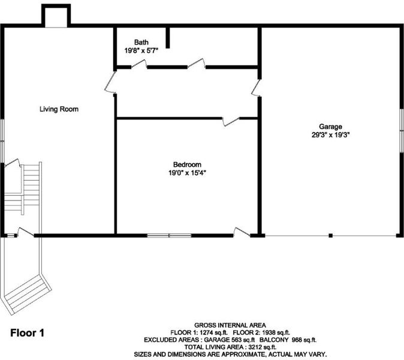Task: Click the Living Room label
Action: [x=59, y=109]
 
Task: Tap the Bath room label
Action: [x=141, y=42]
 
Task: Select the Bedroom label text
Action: [x=187, y=164]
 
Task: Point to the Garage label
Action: [x=330, y=127]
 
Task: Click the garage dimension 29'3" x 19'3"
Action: [x=330, y=135]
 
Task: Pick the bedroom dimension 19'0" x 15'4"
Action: [x=187, y=173]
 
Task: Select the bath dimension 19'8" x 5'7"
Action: [x=141, y=50]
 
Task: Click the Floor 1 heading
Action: [x=28, y=333]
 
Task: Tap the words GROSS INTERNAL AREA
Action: [x=230, y=325]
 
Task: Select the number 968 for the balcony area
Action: [x=297, y=340]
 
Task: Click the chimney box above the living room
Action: [x=56, y=16]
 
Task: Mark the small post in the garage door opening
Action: [x=330, y=235]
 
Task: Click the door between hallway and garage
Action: [x=257, y=88]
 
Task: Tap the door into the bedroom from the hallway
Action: [x=231, y=121]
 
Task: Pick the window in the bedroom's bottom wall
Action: [x=169, y=235]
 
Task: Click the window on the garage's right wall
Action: [x=402, y=130]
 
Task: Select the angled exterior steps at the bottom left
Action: [x=27, y=295]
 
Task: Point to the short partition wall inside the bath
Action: [x=168, y=38]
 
